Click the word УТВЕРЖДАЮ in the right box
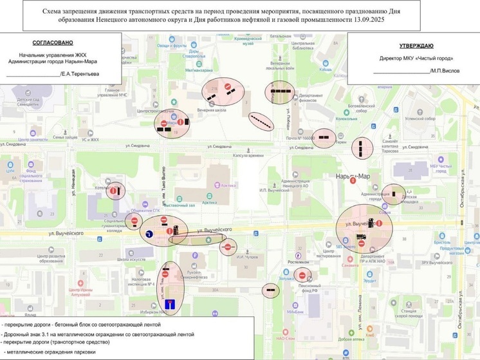pos(415,46)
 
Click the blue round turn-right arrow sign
pos(149,234)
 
